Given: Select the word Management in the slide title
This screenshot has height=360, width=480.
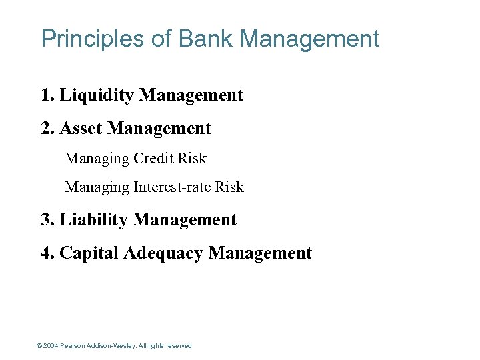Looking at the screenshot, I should (309, 39).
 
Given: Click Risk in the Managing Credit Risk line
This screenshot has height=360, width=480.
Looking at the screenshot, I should (193, 159).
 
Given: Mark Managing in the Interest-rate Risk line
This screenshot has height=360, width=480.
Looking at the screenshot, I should (97, 187).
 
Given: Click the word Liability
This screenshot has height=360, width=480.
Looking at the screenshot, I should (94, 219).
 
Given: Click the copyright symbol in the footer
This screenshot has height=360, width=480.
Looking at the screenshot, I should (39, 346).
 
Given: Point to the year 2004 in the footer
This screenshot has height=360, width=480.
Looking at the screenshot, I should (51, 346).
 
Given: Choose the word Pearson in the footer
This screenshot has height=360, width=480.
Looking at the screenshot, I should (73, 346).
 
